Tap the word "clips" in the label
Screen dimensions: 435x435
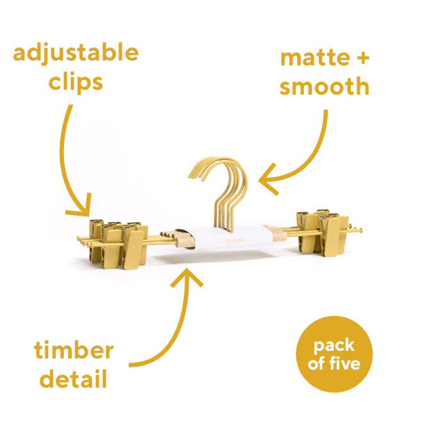pos(77,82)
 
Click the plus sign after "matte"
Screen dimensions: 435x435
pos(360,57)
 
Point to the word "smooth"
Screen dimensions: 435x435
pos(324,87)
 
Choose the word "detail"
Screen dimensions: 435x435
pos(73,380)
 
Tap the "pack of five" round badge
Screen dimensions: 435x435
pos(334,354)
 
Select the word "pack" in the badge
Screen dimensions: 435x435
pos(333,345)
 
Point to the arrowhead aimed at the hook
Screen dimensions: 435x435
pos(264,182)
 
